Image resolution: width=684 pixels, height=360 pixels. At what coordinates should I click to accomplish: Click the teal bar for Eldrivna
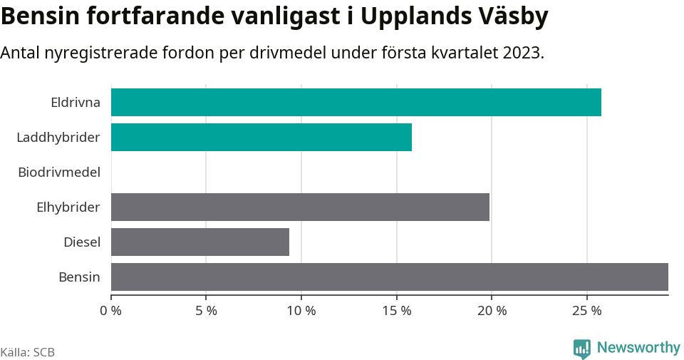click(356, 102)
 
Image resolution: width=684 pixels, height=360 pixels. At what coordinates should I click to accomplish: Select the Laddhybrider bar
click(261, 137)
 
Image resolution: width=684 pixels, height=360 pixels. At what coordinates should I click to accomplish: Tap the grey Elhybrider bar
click(300, 207)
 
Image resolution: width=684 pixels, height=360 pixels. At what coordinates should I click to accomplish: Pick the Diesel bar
click(200, 242)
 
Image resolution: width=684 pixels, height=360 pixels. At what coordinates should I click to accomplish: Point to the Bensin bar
click(390, 277)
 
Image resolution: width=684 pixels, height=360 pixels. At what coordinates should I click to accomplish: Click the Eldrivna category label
click(76, 102)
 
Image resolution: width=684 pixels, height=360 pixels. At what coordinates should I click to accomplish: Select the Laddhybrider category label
click(58, 137)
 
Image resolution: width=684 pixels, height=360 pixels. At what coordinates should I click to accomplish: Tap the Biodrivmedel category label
click(59, 172)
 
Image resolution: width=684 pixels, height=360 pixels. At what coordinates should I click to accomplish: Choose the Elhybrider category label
click(68, 207)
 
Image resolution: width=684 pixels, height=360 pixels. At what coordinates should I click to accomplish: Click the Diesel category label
click(82, 242)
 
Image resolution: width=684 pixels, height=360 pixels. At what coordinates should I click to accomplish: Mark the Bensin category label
click(79, 277)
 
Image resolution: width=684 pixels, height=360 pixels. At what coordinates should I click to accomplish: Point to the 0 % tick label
click(111, 311)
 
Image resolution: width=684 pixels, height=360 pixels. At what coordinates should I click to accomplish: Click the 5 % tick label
click(206, 311)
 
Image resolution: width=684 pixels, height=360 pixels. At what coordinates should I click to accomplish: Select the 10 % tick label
click(301, 311)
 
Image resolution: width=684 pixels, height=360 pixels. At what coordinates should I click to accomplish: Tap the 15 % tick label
click(396, 311)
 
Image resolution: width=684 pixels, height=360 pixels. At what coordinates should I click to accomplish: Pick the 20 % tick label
click(492, 311)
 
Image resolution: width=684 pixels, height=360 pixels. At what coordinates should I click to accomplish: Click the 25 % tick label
click(586, 311)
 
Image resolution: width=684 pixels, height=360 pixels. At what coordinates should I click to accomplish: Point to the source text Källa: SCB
click(28, 352)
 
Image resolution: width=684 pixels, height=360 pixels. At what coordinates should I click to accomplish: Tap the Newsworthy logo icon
click(581, 349)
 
